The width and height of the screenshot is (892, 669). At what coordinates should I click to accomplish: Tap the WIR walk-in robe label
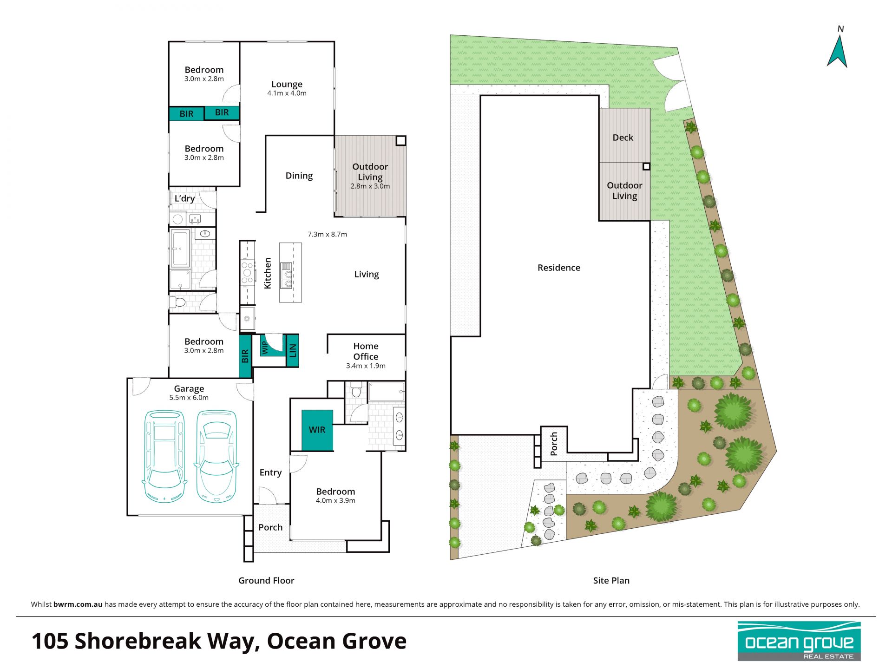pos(317,430)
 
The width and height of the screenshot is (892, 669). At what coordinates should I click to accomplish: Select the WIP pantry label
pos(265,348)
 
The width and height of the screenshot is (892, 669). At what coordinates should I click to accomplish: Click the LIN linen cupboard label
pos(292,350)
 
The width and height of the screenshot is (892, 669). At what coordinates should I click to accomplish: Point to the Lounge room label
pos(287,84)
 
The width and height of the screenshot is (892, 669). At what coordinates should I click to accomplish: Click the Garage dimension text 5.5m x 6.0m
pos(189,398)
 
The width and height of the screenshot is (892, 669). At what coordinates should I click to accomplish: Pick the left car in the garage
pos(164,456)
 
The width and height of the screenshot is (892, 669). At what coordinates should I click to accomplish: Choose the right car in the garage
pos(216,456)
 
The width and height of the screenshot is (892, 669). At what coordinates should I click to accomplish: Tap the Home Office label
pos(366,351)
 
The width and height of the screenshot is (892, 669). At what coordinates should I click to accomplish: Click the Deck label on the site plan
pos(623,138)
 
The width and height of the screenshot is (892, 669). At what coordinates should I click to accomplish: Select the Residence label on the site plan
pos(559,268)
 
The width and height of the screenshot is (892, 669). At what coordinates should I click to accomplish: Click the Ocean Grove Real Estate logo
pos(799,641)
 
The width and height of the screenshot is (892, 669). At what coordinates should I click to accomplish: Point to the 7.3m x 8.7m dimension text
pos(327,234)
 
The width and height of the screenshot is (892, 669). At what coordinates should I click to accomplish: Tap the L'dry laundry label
pos(184,198)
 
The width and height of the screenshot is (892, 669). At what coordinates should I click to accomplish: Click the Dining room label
pos(299,176)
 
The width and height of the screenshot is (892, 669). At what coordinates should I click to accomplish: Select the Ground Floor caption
pos(266,580)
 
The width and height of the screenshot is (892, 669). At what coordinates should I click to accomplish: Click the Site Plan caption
pos(611,580)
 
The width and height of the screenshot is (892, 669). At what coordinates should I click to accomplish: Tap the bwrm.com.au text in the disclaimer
pos(78,604)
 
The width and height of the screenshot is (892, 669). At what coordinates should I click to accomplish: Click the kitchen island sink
pos(286,275)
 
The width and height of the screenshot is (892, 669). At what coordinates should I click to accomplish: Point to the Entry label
pos(270,472)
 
